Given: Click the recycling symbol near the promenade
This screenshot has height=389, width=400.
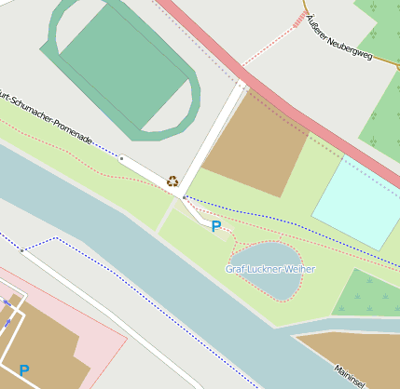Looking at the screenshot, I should coord(172,181).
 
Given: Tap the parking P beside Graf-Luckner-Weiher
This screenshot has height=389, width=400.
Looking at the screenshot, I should coord(216,226).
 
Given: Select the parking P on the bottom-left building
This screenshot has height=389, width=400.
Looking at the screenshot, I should coord(24,370).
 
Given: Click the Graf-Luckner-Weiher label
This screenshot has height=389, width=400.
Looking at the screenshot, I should coord(270,269).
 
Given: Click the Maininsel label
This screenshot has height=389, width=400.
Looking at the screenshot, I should coord(351,376).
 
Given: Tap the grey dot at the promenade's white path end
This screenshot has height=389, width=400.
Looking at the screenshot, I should coord(121,158).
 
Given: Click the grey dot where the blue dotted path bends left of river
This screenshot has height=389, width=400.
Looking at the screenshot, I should coord(21,249).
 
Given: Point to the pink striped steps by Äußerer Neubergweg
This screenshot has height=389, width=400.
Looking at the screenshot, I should coord(299,20).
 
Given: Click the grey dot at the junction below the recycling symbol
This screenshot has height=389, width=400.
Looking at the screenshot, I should coord(185,197).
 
